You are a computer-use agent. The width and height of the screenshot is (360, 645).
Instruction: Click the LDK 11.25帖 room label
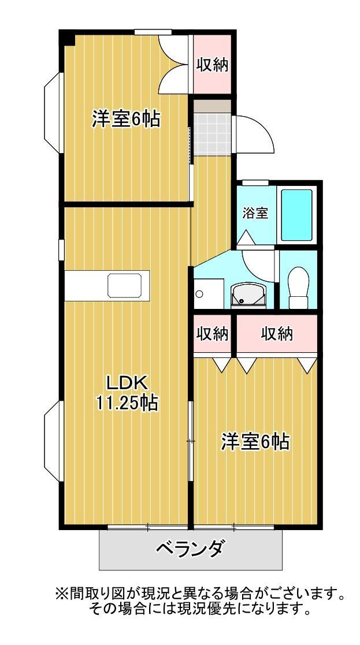click(x=127, y=393)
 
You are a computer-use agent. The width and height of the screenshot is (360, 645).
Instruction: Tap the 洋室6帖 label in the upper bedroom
click(x=125, y=120)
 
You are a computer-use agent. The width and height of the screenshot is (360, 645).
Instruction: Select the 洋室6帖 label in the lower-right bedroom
click(x=255, y=442)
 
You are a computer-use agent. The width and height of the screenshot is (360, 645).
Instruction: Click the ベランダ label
click(x=191, y=548)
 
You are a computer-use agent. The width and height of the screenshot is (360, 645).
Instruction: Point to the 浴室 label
click(x=255, y=213)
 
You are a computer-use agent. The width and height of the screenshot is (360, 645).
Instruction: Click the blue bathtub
click(x=296, y=215)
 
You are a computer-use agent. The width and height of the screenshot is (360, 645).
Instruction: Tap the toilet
click(x=298, y=288)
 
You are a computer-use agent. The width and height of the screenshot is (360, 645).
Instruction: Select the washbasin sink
click(x=248, y=295)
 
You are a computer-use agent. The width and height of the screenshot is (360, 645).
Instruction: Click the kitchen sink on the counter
click(x=125, y=285)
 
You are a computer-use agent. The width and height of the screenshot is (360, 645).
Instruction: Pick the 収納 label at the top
click(x=211, y=65)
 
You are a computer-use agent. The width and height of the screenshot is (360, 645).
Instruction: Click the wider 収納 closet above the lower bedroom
click(x=277, y=334)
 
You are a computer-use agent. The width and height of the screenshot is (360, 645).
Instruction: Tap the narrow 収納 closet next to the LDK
click(x=212, y=334)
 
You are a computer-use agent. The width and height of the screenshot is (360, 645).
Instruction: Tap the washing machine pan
click(x=209, y=294)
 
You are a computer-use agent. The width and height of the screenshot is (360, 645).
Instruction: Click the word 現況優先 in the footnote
click(x=205, y=607)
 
